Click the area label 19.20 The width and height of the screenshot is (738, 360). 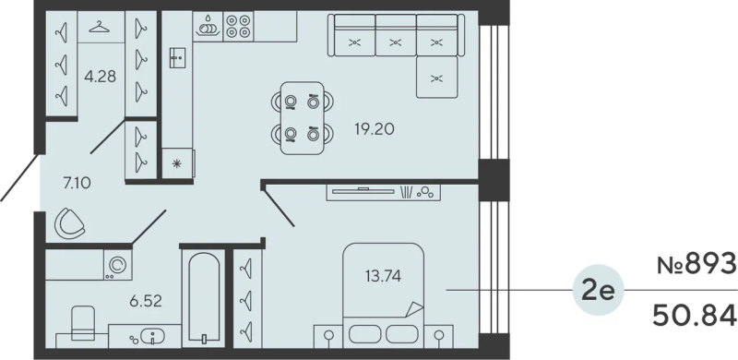(375, 129)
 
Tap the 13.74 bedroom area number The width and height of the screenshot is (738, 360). (383, 276)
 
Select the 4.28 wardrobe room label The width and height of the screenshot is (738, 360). (100, 76)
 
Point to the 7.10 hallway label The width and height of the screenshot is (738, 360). (77, 182)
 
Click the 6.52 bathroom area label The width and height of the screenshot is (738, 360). (146, 301)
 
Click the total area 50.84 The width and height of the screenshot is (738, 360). (695, 316)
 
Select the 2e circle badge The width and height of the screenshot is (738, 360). (598, 290)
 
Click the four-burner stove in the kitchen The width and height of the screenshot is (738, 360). (238, 26)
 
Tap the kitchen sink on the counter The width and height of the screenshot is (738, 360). (178, 57)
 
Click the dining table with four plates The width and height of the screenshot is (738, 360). (303, 118)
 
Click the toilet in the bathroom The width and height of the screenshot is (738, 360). (82, 323)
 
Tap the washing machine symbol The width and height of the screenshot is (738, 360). (118, 265)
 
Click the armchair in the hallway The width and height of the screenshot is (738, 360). (69, 223)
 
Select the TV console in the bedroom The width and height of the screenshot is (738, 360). (384, 192)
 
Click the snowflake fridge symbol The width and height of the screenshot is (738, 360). (177, 163)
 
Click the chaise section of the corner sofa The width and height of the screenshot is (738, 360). (436, 78)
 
